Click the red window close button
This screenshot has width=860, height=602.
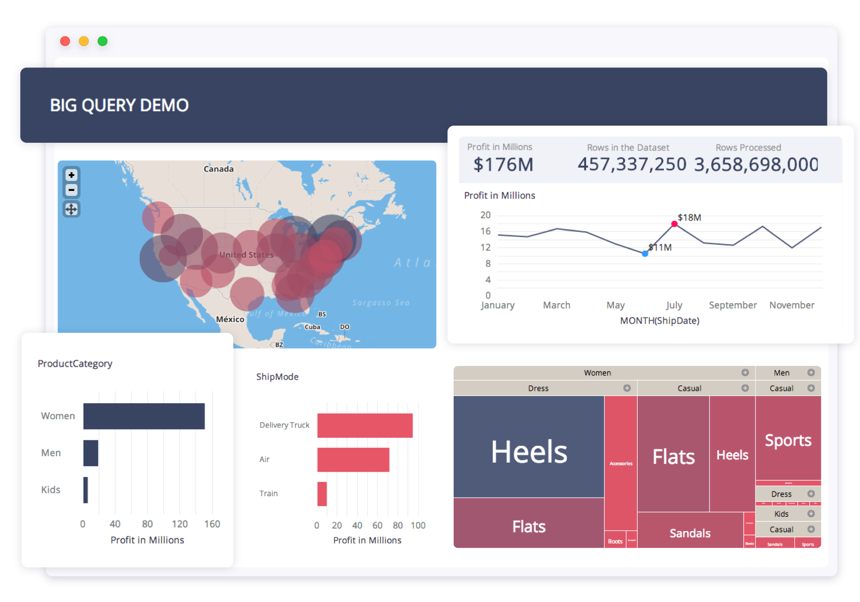click(65, 41)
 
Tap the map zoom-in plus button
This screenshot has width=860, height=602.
click(71, 175)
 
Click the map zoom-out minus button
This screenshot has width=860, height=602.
click(71, 190)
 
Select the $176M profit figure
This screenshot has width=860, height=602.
click(503, 165)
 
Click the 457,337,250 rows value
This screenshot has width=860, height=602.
click(632, 164)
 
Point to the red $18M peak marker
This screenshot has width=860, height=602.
click(674, 224)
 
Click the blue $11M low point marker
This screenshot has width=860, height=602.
click(645, 254)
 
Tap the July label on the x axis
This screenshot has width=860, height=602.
click(674, 305)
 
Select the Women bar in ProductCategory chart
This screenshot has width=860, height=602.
click(144, 416)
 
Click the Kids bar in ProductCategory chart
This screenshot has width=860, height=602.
click(86, 490)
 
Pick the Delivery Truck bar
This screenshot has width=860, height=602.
click(365, 425)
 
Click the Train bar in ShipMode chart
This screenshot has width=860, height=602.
click(322, 494)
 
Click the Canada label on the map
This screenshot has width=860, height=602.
click(218, 169)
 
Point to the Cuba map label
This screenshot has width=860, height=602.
click(312, 327)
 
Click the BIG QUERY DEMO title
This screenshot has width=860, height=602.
click(119, 105)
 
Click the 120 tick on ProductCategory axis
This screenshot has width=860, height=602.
click(179, 524)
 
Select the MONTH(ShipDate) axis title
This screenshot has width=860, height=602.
click(660, 321)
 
